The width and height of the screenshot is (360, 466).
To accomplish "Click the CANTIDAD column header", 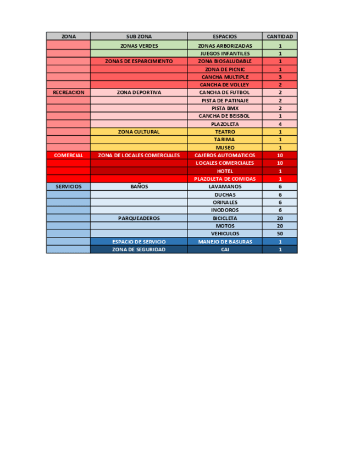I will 280,36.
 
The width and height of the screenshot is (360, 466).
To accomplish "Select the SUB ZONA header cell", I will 139,36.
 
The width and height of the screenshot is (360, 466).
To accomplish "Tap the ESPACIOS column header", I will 224,36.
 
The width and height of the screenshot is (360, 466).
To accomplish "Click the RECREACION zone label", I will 69,93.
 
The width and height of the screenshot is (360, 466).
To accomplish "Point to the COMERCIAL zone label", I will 69,156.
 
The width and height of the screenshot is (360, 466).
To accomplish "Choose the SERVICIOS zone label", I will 69,187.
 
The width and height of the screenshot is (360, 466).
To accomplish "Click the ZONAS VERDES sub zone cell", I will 139,46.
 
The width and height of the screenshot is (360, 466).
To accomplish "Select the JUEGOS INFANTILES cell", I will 224,54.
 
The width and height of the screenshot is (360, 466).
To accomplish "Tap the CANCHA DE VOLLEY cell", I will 224,85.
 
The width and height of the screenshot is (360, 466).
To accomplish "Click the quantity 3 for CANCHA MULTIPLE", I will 280,77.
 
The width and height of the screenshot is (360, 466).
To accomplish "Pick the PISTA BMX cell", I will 224,108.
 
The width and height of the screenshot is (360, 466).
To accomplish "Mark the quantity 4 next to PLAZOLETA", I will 280,124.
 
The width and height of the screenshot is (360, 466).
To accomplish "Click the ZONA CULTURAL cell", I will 139,132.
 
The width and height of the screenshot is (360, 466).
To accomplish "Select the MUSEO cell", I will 224,148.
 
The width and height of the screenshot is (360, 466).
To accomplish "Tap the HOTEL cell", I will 224,171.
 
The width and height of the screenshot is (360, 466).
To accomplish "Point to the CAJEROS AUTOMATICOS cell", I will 224,156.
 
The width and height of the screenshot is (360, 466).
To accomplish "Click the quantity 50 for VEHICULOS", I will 280,234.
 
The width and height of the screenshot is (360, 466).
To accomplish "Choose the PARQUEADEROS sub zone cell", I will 139,218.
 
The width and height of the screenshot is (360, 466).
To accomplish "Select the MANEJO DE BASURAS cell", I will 224,242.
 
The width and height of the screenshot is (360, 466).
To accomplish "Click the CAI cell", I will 224,249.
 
